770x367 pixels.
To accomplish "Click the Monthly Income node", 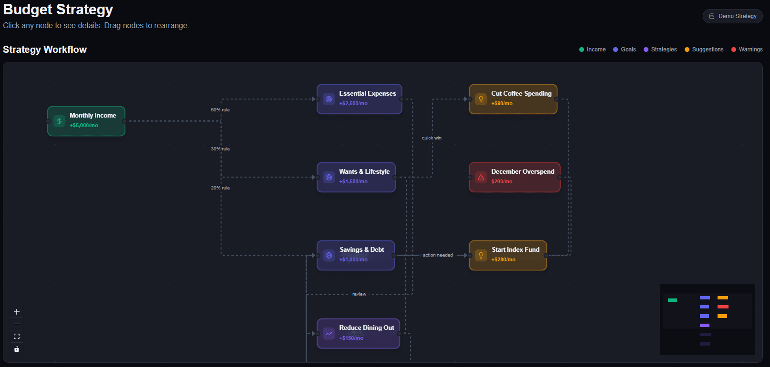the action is point(86,121).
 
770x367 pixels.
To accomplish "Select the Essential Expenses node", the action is point(359,99).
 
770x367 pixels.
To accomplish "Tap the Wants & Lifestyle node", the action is point(356,177).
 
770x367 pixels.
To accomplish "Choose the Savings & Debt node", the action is point(356,256).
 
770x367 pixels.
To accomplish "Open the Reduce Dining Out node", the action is point(358,333).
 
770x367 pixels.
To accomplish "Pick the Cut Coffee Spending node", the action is point(513,99).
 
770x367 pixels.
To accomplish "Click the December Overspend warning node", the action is point(514,177).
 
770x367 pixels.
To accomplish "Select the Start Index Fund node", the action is point(508,256).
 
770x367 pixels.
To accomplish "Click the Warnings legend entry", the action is point(747,50).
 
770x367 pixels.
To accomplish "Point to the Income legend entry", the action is point(592,50).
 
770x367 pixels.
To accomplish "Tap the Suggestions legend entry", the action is point(704,50).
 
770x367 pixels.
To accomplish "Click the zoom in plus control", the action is point(17,312).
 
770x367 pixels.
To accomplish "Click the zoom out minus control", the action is point(17,324).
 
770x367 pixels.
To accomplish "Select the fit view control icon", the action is point(17,337).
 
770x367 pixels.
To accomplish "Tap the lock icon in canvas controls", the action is point(17,349).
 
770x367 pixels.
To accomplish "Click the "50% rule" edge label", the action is point(220,110).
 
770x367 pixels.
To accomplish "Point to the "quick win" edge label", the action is point(432,138).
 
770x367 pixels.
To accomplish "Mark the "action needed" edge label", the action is point(438,255).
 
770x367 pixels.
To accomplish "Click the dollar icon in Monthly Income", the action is point(60,121).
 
